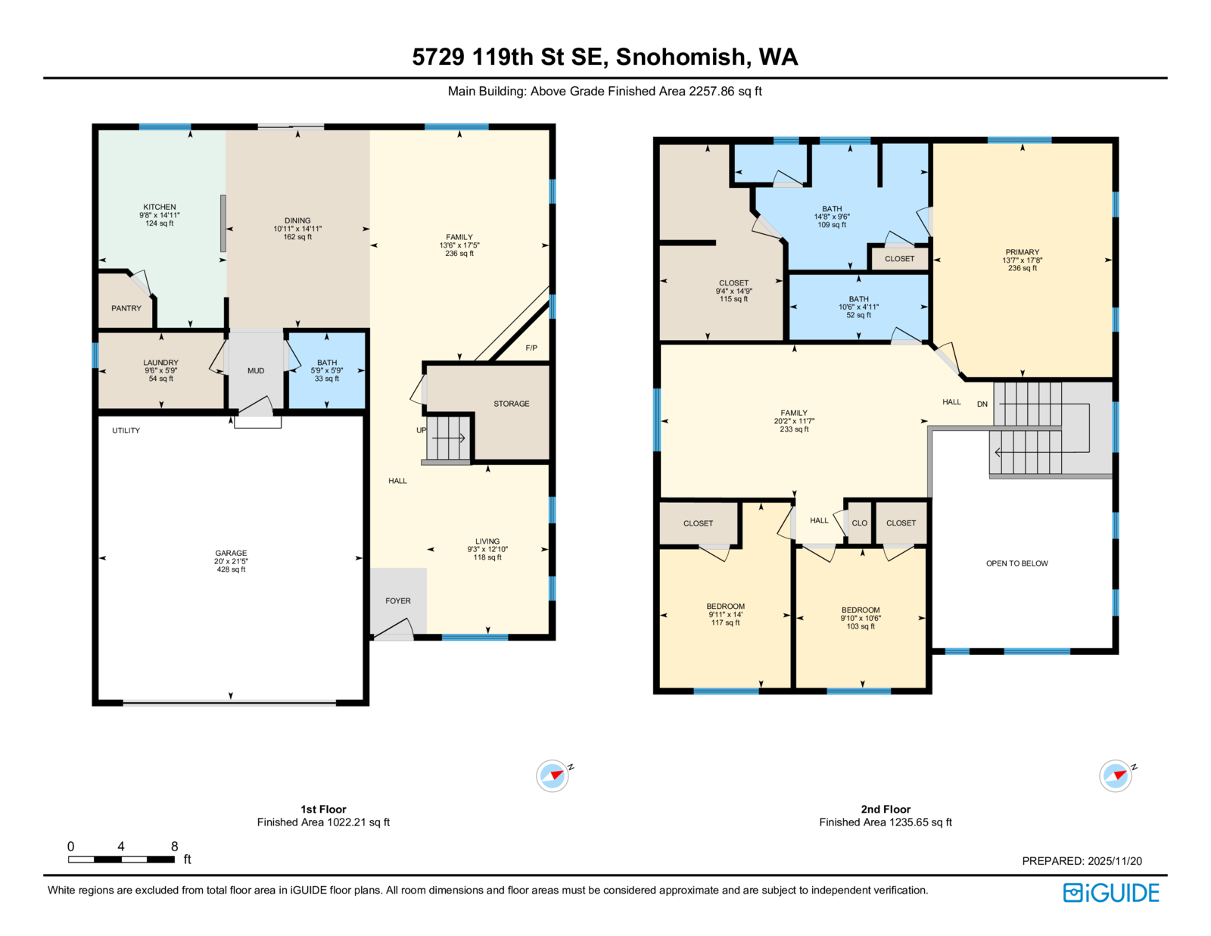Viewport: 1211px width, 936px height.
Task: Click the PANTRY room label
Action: [x=126, y=308]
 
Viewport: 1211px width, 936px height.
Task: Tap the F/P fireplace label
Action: [x=531, y=348]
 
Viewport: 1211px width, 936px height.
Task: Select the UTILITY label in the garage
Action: [x=126, y=430]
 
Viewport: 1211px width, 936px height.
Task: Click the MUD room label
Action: [x=256, y=371]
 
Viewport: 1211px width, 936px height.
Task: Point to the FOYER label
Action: [x=398, y=601]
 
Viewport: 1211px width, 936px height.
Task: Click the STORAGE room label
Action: [x=511, y=404]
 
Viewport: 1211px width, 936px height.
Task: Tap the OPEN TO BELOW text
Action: [x=1017, y=563]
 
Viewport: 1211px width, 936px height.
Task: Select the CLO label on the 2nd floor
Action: [x=859, y=523]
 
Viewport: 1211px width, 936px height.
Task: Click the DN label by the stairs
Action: [x=982, y=404]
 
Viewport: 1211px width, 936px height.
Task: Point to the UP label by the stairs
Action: [x=422, y=430]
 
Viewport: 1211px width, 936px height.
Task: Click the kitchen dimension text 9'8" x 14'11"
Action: [x=160, y=215]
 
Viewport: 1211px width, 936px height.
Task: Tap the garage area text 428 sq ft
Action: [x=231, y=569]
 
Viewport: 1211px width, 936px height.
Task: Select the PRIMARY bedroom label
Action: [x=1022, y=252]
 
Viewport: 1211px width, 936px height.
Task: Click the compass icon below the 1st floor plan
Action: [x=553, y=775]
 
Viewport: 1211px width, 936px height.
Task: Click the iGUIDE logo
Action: [x=1110, y=893]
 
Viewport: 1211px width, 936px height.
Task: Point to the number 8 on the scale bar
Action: [x=174, y=846]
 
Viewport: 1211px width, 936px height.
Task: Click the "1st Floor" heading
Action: [x=323, y=809]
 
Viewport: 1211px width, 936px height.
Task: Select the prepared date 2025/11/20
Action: [x=1115, y=861]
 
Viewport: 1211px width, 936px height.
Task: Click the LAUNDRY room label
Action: [x=160, y=362]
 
